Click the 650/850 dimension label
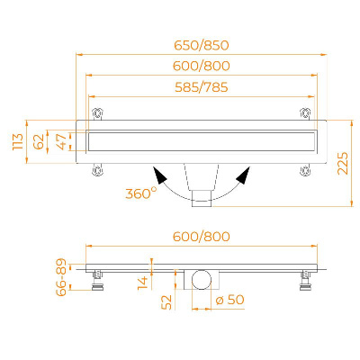202,45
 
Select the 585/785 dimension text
202,87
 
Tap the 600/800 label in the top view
202,66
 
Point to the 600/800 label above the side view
202,237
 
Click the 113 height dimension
18,141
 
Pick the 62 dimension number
39,141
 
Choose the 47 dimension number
61,141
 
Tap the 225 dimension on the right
343,163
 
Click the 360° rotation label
141,193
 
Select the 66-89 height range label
61,277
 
